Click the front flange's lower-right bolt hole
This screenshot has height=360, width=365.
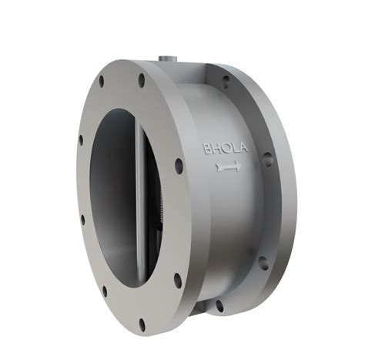(x=178, y=278)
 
